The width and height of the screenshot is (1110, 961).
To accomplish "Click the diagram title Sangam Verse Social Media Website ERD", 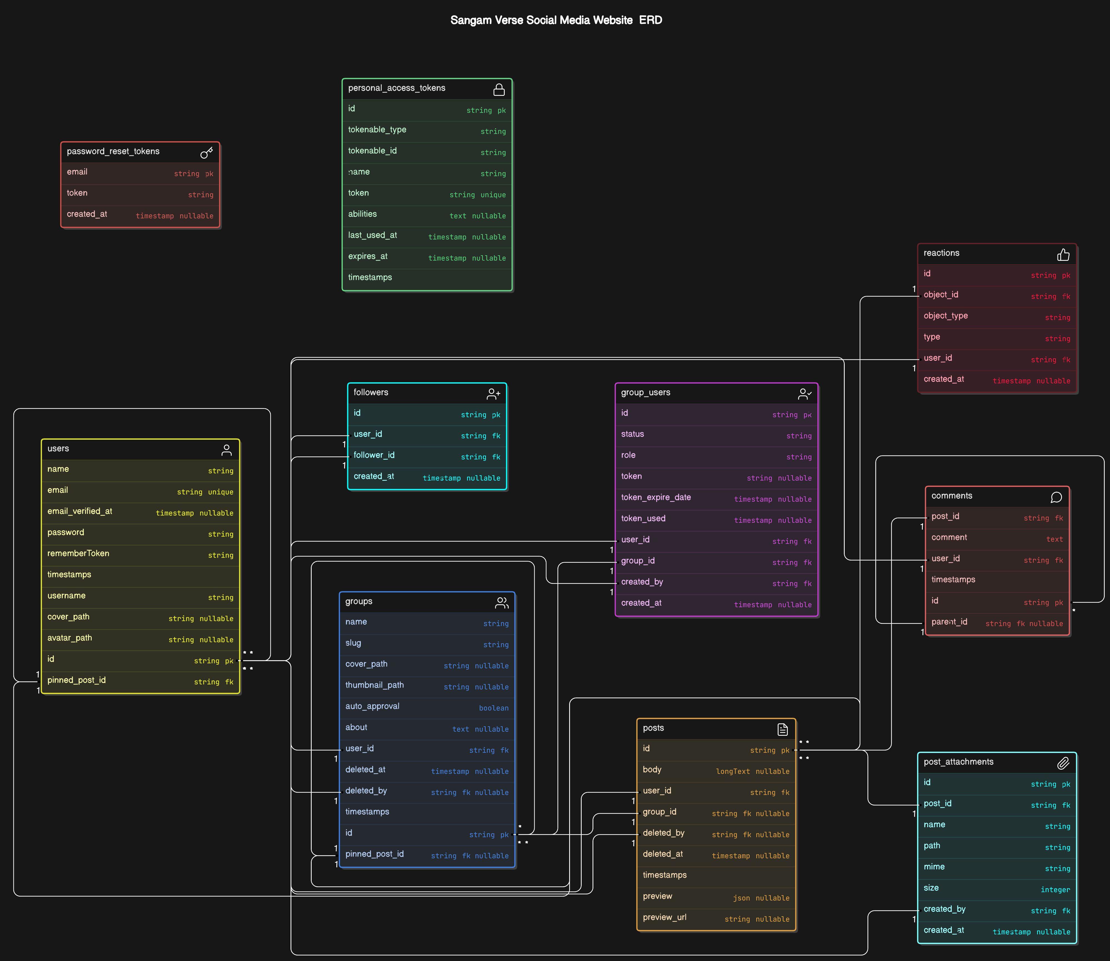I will [x=556, y=20].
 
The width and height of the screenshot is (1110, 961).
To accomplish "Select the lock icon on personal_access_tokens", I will [x=499, y=89].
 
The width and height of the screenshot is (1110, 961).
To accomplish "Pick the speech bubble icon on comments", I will [x=1056, y=497].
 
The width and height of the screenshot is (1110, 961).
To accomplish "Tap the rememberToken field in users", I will [x=78, y=554].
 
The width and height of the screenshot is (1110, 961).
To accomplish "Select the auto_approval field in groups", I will [x=372, y=706].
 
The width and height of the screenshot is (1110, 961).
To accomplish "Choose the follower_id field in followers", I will [x=374, y=455].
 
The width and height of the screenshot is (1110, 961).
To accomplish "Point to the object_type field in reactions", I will [x=945, y=316].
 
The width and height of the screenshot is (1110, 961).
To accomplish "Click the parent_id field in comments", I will [x=949, y=622].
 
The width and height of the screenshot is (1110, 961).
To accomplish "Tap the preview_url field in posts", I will [x=664, y=918].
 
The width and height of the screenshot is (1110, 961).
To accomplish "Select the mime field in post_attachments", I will [x=934, y=867].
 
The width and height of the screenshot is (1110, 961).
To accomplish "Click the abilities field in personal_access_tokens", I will [x=362, y=214].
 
